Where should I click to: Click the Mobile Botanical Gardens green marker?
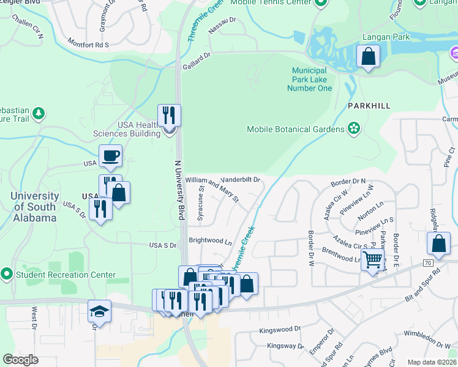[x=353, y=128]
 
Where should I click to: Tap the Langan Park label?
[x=385, y=37]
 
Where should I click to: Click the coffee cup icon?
[x=110, y=155]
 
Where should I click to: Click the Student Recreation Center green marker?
[x=7, y=274]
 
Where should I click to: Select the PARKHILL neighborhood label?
[x=369, y=106]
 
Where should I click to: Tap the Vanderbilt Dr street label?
[x=241, y=180]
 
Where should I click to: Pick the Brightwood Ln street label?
[x=210, y=241]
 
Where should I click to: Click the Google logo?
[x=20, y=360]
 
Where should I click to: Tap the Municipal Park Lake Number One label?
[x=309, y=80]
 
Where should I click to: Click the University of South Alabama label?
[x=36, y=209]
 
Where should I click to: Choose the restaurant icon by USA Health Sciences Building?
[x=169, y=114]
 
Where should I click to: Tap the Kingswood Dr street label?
[x=280, y=328]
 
